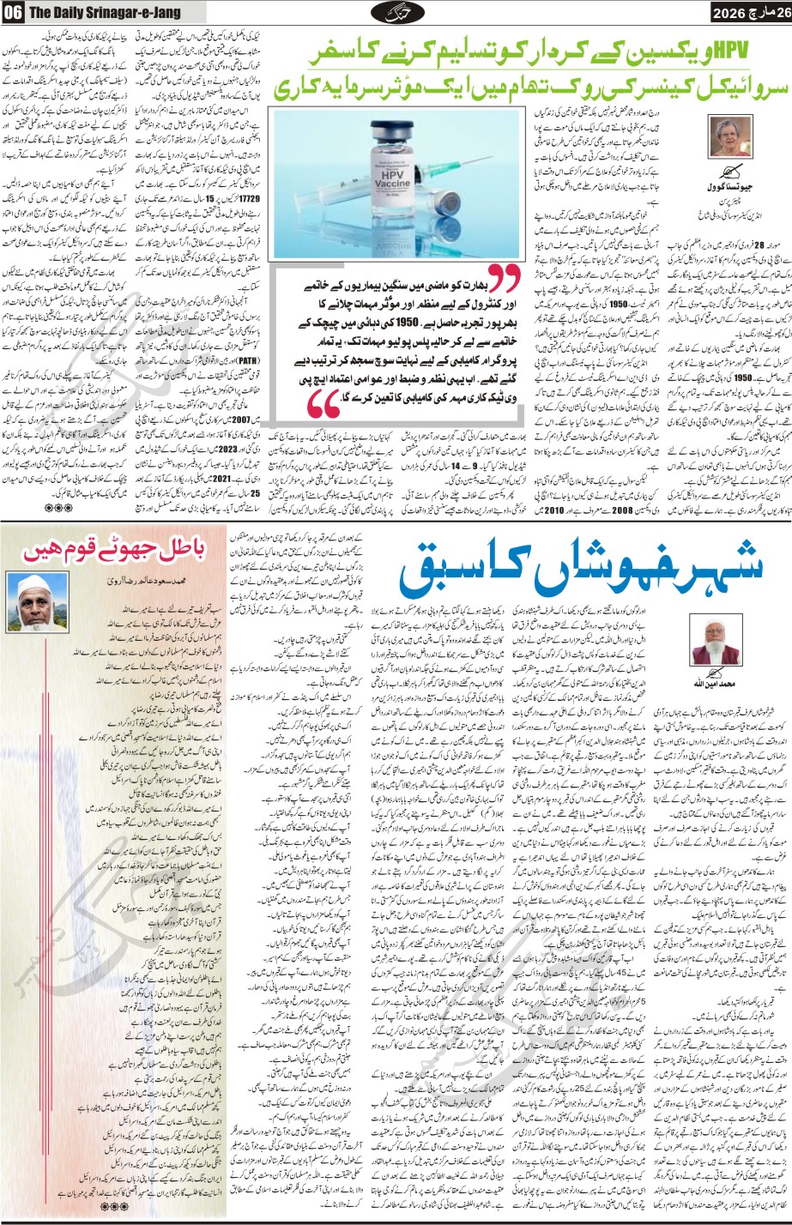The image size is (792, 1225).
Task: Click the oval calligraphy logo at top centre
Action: click(397, 13)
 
